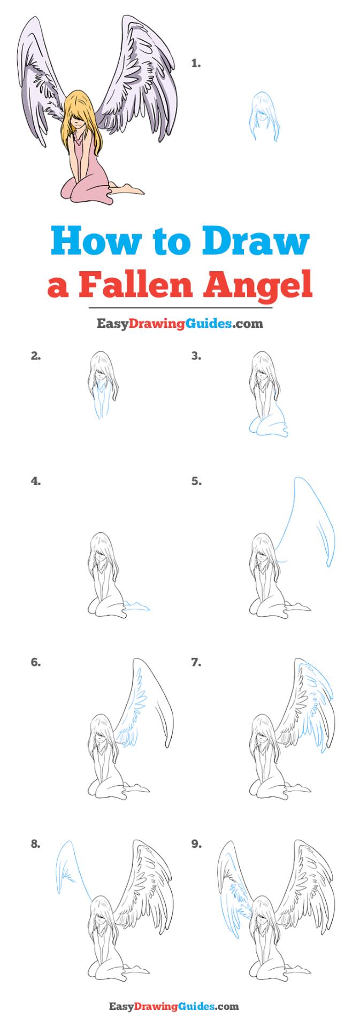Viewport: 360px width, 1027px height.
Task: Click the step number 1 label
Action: tap(196, 64)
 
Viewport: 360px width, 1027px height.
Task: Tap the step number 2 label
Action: tap(36, 355)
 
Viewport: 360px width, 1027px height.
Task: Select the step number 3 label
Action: tap(196, 355)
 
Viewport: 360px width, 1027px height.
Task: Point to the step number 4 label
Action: tap(36, 481)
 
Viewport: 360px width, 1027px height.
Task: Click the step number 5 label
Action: tap(196, 481)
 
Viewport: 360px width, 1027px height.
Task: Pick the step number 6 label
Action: tap(36, 662)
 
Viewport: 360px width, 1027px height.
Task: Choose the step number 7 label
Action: tap(196, 662)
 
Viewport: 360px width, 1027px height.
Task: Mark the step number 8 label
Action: tap(36, 844)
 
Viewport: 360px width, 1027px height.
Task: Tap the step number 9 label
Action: tap(196, 844)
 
